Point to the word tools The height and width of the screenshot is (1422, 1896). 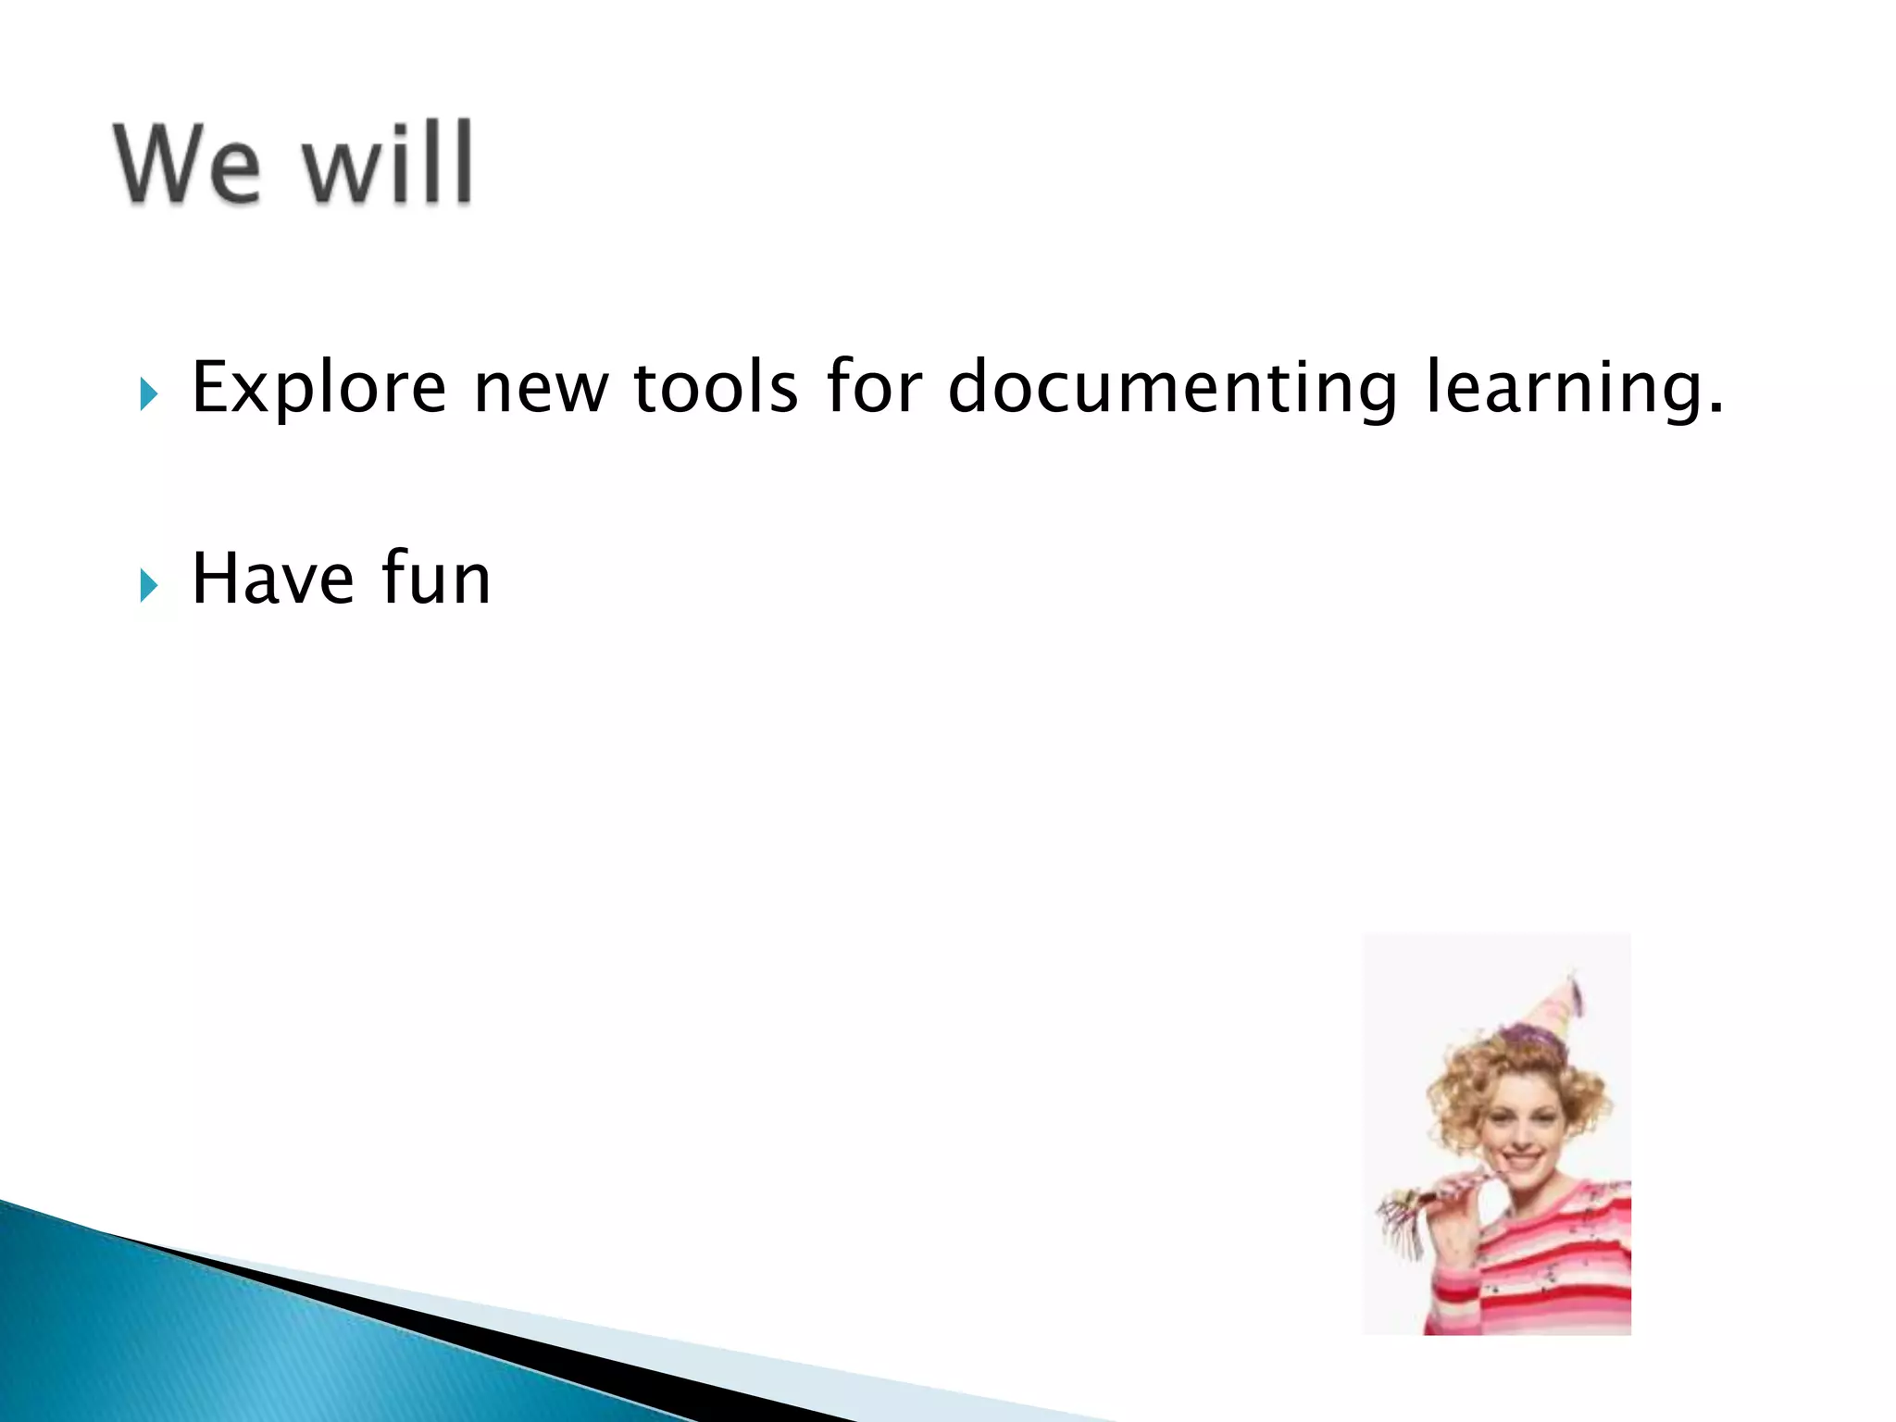point(715,388)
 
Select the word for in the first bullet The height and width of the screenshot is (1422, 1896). point(874,386)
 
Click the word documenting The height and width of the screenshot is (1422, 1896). point(1172,388)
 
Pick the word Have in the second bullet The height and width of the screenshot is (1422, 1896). point(273,580)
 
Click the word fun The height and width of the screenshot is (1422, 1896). point(435,580)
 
